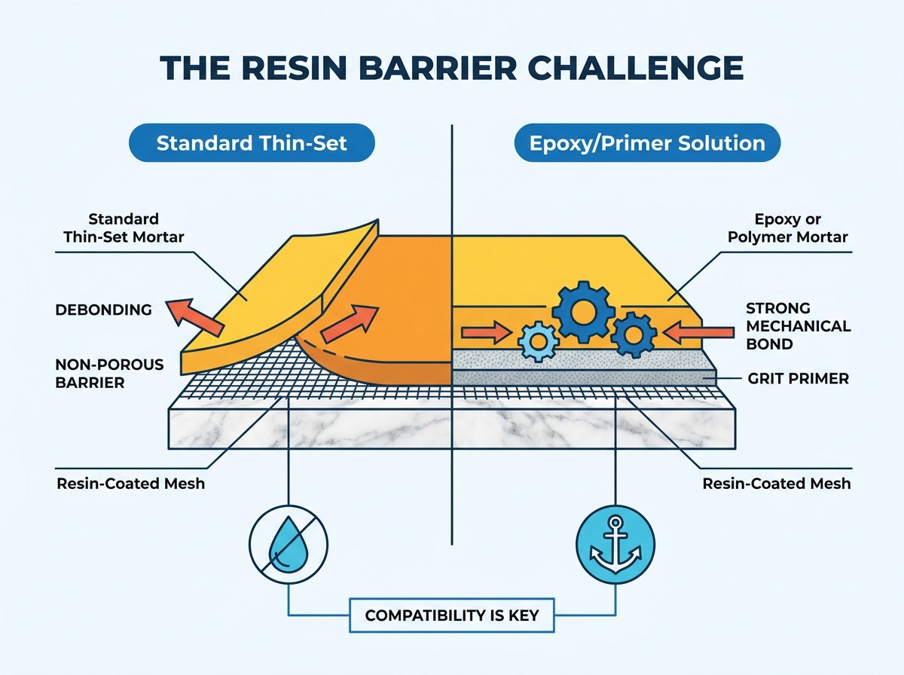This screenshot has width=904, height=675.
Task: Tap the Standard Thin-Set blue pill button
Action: click(252, 142)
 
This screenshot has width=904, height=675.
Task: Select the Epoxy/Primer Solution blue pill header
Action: click(647, 142)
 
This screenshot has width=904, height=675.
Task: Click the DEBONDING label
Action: click(103, 310)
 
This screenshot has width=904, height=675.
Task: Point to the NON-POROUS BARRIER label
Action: click(109, 374)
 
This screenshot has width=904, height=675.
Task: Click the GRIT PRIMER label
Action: click(798, 378)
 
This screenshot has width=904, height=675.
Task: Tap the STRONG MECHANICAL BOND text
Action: click(798, 326)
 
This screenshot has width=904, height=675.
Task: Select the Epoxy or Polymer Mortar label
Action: click(787, 228)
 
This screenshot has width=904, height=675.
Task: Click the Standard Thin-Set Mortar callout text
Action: click(124, 228)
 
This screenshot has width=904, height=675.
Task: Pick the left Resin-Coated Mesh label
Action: click(130, 484)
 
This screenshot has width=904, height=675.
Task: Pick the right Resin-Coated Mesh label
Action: click(777, 484)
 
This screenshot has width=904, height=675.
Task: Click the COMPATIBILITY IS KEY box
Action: click(452, 615)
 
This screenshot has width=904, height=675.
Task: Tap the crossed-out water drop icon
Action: click(289, 545)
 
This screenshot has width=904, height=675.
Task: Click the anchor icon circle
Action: click(615, 545)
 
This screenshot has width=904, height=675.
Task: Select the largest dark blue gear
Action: click(583, 312)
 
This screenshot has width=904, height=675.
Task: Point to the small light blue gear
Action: click(539, 341)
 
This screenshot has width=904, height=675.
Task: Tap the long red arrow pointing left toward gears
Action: click(698, 332)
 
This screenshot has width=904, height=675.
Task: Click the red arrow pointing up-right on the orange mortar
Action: click(350, 324)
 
